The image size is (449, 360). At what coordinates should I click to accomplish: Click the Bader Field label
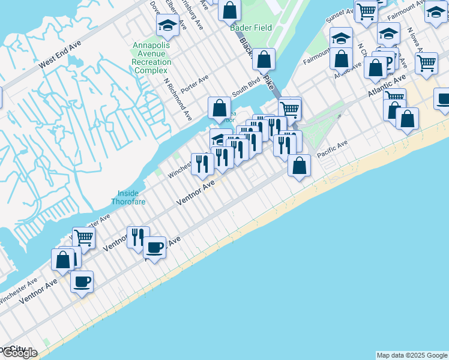point(251,28)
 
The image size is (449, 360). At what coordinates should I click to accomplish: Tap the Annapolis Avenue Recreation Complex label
point(151,54)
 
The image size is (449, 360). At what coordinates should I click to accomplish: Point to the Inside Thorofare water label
point(128,197)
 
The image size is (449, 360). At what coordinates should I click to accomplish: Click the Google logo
point(19,353)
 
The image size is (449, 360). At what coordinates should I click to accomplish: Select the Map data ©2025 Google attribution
point(412,355)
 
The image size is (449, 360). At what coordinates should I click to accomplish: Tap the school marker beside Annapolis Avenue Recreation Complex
point(167,24)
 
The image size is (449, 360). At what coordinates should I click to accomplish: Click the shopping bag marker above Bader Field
point(229,9)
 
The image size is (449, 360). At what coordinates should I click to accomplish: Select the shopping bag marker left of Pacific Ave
point(298,164)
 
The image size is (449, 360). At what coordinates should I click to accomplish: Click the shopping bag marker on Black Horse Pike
point(264,59)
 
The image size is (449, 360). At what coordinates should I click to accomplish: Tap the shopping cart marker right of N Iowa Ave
point(426,61)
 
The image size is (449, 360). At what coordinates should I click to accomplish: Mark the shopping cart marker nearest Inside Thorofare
point(83,237)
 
